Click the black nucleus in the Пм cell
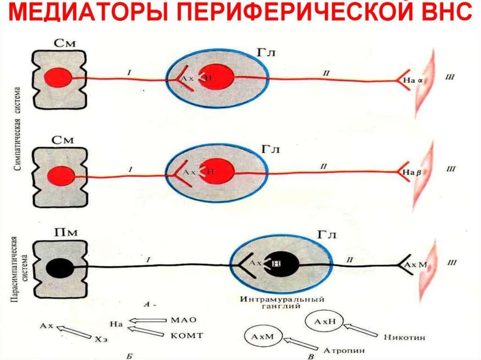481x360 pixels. pyautogui.click(x=60, y=268)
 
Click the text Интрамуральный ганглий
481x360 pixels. pyautogui.click(x=281, y=303)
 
